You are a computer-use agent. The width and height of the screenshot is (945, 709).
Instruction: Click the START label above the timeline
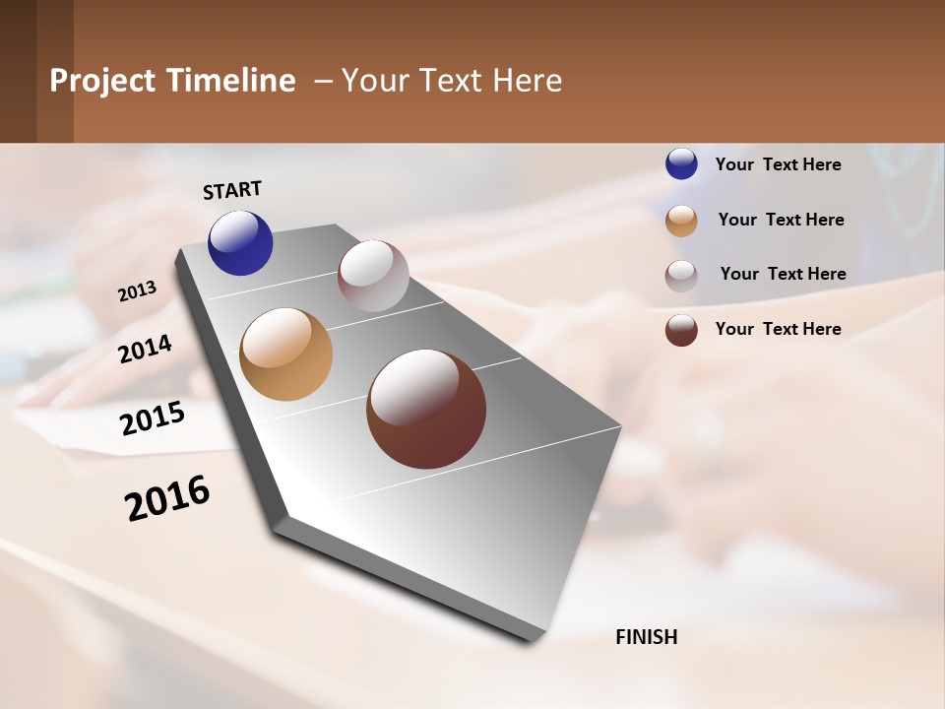coord(232,190)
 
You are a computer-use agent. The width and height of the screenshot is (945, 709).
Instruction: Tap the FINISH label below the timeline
coord(647,637)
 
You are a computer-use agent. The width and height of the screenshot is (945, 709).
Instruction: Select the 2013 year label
coord(138,291)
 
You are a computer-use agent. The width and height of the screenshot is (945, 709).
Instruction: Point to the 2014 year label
coord(146,349)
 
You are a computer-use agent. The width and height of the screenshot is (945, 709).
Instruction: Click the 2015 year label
coord(153,419)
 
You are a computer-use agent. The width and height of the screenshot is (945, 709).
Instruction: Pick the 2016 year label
coord(167,498)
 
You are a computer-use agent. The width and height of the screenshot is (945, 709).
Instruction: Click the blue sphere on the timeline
coord(240,243)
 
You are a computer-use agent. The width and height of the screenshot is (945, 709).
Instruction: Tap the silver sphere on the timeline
coord(373,276)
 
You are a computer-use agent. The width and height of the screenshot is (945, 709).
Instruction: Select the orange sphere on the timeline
coord(285,354)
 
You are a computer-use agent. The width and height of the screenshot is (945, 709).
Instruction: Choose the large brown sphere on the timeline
coord(426,409)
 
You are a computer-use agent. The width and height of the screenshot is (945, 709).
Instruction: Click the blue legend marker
coord(681,164)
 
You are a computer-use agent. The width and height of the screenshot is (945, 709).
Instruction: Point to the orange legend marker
coord(681,221)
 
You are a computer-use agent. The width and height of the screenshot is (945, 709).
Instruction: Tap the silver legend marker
coord(681,275)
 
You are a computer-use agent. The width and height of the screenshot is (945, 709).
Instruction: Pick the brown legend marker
coord(681,330)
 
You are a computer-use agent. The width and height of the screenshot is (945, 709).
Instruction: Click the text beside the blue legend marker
coord(778,164)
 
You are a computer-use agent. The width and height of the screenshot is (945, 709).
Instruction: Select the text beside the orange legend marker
coord(781,220)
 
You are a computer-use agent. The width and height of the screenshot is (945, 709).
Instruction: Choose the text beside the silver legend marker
coord(783,274)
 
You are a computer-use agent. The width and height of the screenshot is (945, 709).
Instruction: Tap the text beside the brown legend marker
coord(778,329)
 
